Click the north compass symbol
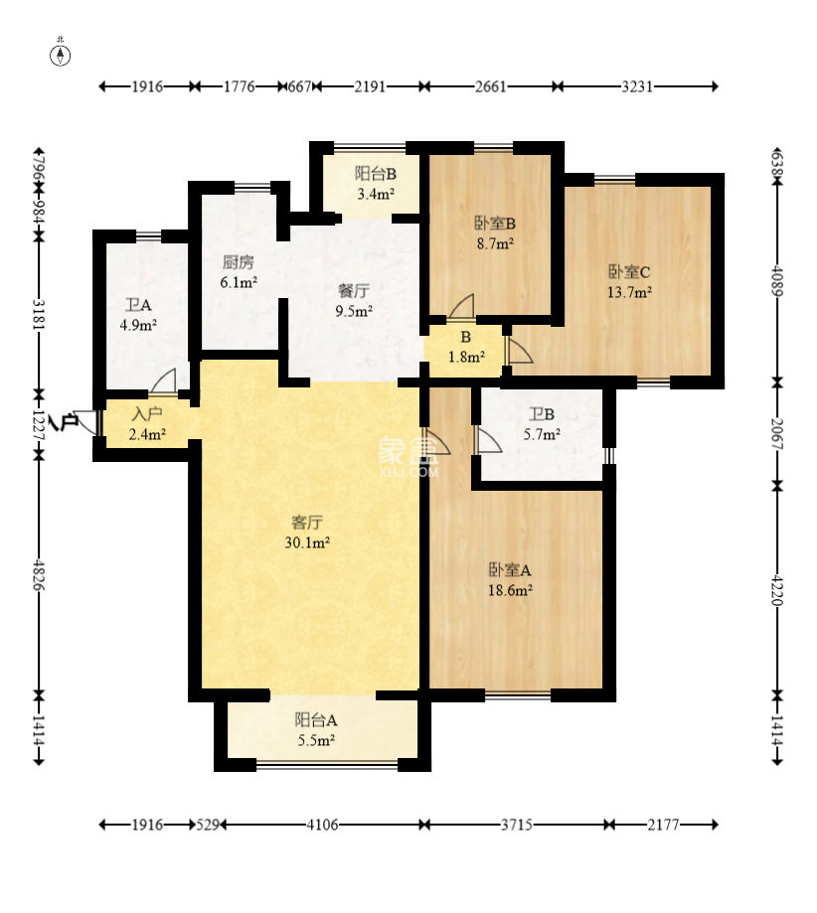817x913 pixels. click(x=61, y=55)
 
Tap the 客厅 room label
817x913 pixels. click(x=307, y=523)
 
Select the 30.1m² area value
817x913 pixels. click(x=307, y=542)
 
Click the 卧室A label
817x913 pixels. click(x=510, y=569)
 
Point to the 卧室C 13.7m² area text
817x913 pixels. click(x=629, y=292)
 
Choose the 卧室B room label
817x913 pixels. click(x=495, y=223)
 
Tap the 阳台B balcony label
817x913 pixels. click(x=376, y=174)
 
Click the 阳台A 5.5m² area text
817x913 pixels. click(x=316, y=741)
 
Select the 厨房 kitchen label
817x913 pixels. click(x=238, y=262)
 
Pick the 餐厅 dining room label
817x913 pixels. click(x=354, y=290)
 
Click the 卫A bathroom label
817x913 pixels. click(x=138, y=305)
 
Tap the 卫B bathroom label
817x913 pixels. click(x=542, y=414)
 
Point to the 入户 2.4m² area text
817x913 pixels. click(x=147, y=434)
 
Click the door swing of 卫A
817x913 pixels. click(x=163, y=380)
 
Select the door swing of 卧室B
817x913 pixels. click(x=461, y=307)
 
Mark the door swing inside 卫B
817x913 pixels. click(x=489, y=440)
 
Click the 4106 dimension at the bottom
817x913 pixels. click(x=322, y=825)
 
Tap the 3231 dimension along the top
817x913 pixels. click(x=637, y=86)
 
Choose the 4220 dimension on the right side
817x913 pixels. click(x=777, y=590)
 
